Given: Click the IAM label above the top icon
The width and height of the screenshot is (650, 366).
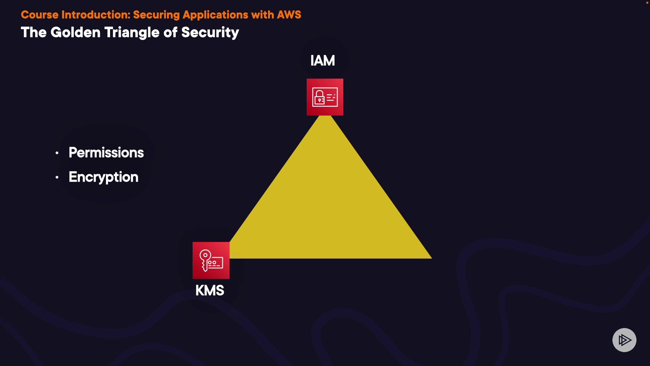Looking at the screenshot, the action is pos(322,61).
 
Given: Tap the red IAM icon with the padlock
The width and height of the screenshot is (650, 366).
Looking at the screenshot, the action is pos(325,97).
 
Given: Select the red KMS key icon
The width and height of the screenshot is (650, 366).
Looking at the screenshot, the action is pos(211,260).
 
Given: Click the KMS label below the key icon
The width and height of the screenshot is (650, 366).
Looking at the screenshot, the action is pos(210,290).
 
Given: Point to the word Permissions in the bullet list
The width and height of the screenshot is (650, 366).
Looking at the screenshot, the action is pos(106,152).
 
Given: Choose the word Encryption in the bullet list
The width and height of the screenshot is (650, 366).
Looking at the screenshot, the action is pos(103,177).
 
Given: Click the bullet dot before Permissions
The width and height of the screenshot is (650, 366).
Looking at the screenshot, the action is pos(57,153).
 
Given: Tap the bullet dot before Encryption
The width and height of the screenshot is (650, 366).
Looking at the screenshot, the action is pos(57,177).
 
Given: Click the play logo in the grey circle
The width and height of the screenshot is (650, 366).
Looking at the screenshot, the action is pos(624,340).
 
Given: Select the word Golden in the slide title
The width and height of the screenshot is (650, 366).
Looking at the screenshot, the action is pos(75,33).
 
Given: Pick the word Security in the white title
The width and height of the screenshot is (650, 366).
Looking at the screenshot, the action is pos(210,33).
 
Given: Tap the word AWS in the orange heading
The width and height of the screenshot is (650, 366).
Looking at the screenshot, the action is pos(289,15).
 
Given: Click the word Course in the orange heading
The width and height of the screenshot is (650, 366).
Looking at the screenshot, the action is pos(40,15).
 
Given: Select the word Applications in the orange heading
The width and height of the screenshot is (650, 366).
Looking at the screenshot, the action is pos(215,15).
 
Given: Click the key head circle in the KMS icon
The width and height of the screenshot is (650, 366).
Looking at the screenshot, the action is pos(205,255).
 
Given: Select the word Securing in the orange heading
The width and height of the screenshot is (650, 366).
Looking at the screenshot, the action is pos(156,15).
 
